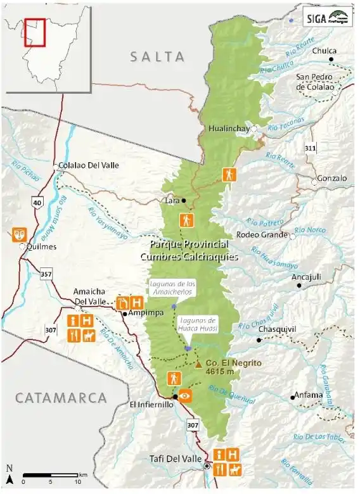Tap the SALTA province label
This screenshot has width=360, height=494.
(x=161, y=56)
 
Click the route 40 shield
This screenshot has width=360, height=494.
(x=37, y=202)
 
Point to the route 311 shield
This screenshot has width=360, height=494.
(x=310, y=148)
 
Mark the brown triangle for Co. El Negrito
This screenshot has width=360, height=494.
(x=198, y=364)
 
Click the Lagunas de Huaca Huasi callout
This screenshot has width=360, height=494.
(x=197, y=325)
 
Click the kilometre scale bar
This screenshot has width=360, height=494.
(x=51, y=475)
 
